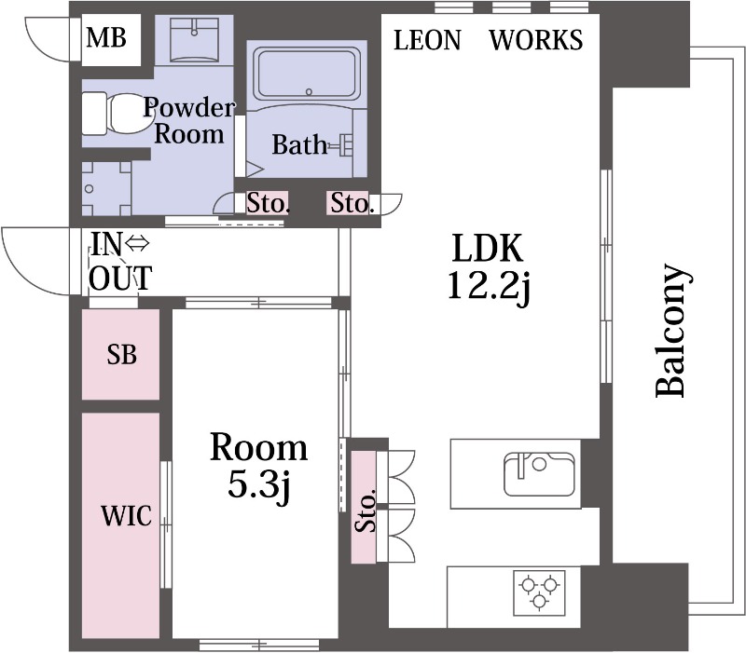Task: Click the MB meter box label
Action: pos(106,37)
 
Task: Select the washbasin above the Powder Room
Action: pos(194,40)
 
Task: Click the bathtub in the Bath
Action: pos(307,74)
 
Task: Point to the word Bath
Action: pos(299,144)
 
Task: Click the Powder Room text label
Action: pos(189,121)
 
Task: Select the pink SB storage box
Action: pos(121,355)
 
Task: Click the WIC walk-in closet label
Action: pos(127,516)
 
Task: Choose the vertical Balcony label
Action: pos(671,331)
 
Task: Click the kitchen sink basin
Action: pos(539,474)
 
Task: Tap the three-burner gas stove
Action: pos(539,592)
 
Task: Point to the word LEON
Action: pos(427,40)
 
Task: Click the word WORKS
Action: pos(536,39)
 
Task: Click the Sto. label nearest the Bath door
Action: pos(268,203)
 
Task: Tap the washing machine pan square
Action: pos(106,189)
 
